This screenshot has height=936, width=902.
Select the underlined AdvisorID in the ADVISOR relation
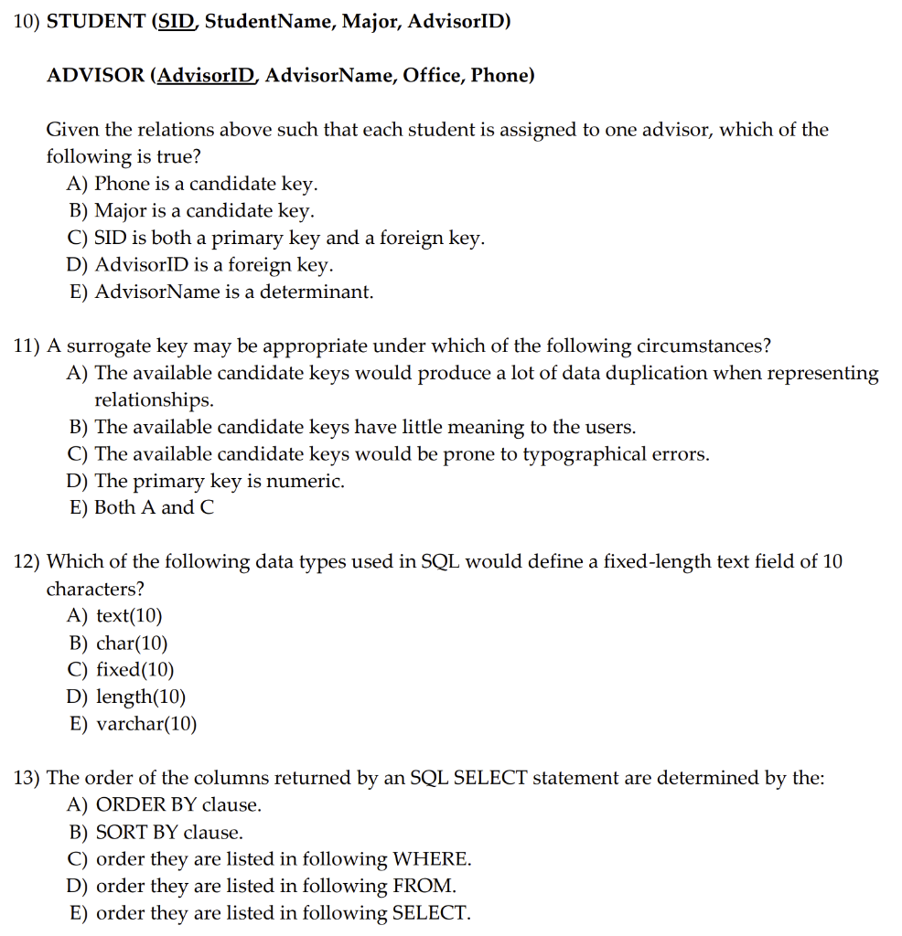pyautogui.click(x=207, y=76)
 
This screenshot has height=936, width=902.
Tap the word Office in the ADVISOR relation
pyautogui.click(x=433, y=76)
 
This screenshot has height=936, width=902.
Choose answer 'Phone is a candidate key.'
pyautogui.click(x=207, y=184)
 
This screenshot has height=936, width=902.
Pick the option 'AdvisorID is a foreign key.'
pyautogui.click(x=214, y=265)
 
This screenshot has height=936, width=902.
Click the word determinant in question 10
pyautogui.click(x=317, y=292)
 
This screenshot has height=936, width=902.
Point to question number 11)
pyautogui.click(x=27, y=346)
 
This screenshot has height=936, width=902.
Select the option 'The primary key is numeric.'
pyautogui.click(x=220, y=481)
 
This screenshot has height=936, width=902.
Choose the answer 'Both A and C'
pyautogui.click(x=155, y=507)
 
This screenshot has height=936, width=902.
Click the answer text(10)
pyautogui.click(x=129, y=616)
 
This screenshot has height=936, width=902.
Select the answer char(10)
pyautogui.click(x=132, y=643)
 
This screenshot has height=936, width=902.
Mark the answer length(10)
pyautogui.click(x=141, y=697)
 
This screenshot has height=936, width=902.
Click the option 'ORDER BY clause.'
pyautogui.click(x=178, y=805)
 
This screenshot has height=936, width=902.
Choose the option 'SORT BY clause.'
pyautogui.click(x=169, y=833)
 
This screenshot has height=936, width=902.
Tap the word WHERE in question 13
pyautogui.click(x=431, y=859)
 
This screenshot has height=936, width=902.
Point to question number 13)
pyautogui.click(x=27, y=779)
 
